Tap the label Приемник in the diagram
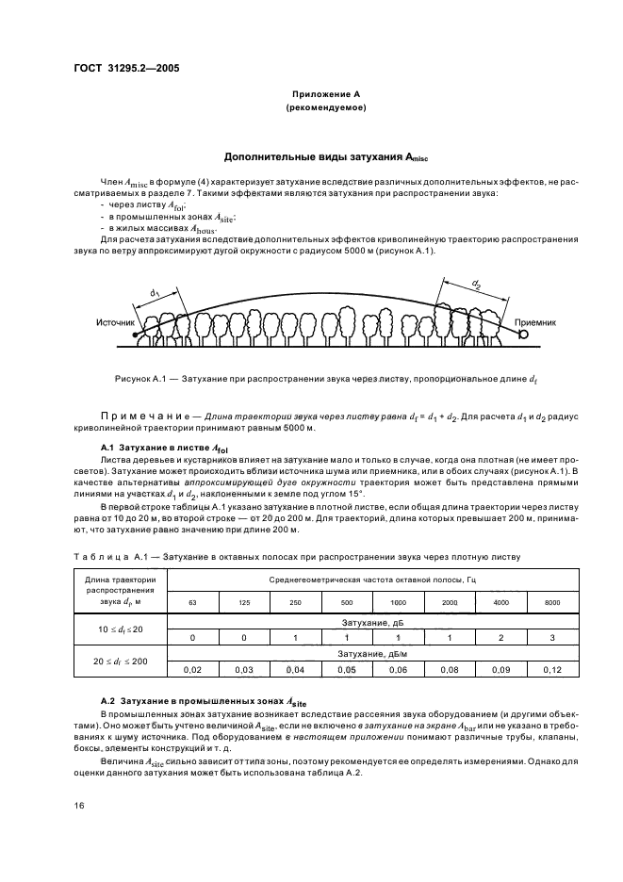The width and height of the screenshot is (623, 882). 535,322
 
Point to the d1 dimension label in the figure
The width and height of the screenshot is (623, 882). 154,294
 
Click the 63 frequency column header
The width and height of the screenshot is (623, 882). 192,600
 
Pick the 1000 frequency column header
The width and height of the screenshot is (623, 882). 398,600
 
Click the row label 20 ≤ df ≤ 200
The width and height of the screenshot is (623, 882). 119,661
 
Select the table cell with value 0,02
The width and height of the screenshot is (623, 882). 192,669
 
